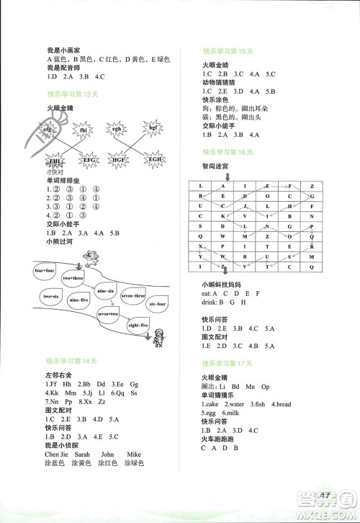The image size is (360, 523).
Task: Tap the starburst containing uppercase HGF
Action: pos(132,159)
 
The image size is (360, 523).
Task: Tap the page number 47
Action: pos(327,494)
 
